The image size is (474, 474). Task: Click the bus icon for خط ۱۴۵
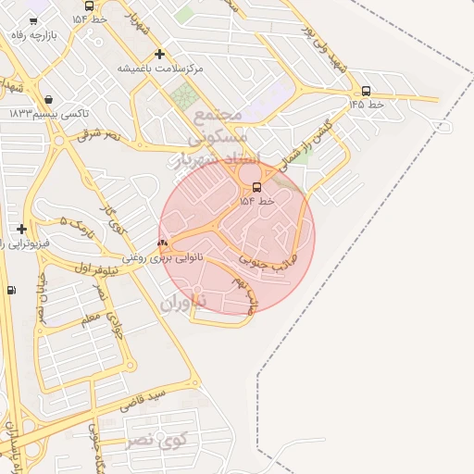click(x=367, y=91)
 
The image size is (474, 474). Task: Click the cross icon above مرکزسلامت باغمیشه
click(x=160, y=54)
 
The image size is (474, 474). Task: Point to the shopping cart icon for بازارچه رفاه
click(x=33, y=19)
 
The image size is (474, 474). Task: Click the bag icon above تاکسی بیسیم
click(x=47, y=99)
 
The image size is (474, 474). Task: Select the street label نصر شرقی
click(x=100, y=135)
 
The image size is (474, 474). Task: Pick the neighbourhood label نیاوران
click(x=181, y=304)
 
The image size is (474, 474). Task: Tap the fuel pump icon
click(x=11, y=290)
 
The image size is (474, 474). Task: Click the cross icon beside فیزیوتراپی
click(x=21, y=229)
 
